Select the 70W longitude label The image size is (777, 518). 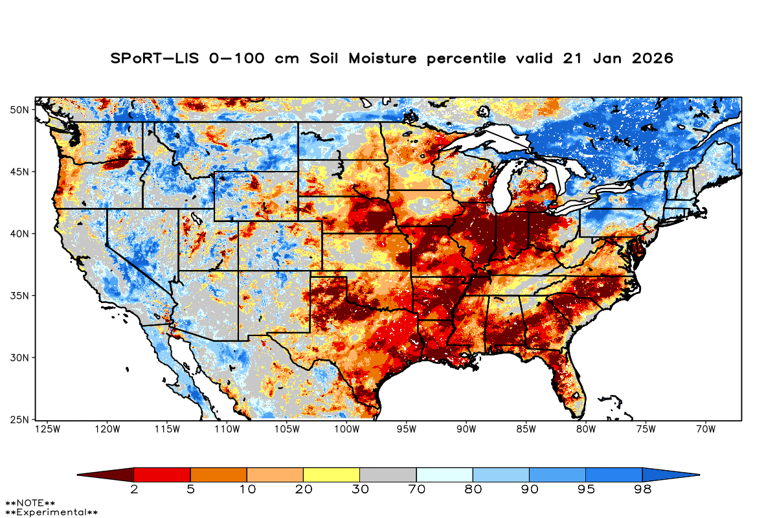705,429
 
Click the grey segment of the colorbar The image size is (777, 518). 387,475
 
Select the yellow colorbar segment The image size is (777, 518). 331,475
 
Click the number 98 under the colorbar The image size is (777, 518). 642,490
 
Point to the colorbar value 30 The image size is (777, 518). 359,490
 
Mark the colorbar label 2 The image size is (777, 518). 134,490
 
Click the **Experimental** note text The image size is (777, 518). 52,512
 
